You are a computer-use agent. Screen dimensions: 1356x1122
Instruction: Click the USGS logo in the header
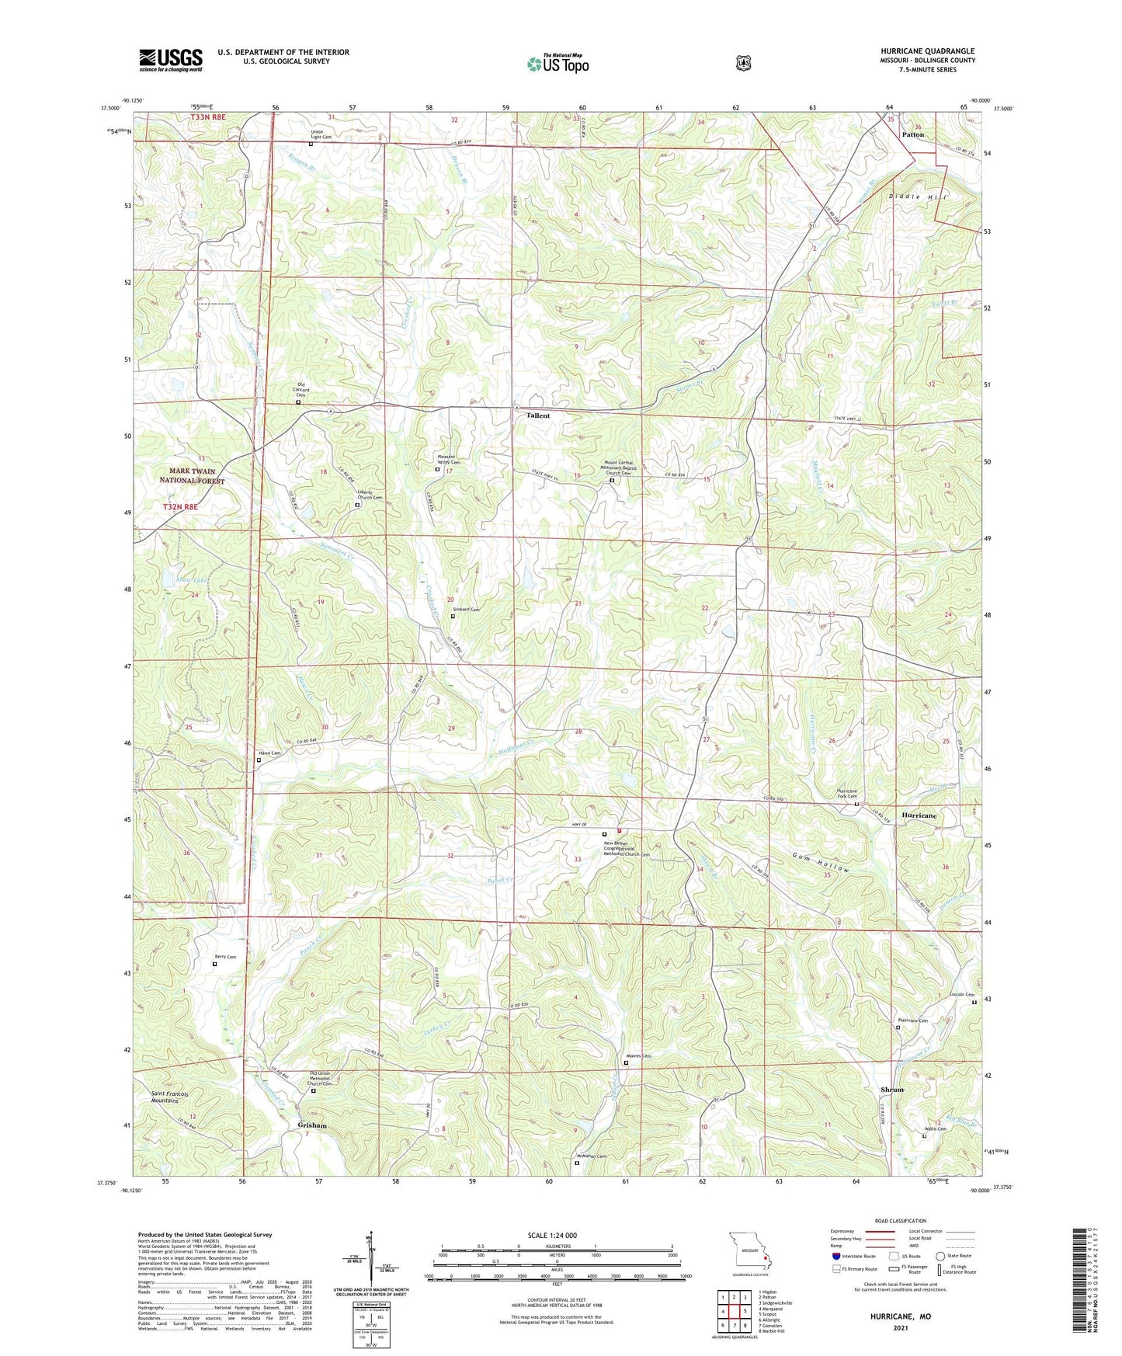click(x=170, y=60)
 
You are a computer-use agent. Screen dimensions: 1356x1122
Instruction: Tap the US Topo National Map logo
click(x=558, y=63)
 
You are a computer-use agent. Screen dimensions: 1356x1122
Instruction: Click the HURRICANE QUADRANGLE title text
click(x=927, y=50)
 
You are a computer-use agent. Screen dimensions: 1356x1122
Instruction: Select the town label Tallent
click(x=537, y=415)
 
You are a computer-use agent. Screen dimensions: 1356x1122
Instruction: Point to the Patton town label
click(x=912, y=134)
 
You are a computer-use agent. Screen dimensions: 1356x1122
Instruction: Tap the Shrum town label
click(x=892, y=1090)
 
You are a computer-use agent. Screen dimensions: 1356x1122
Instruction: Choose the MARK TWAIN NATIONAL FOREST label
click(x=192, y=476)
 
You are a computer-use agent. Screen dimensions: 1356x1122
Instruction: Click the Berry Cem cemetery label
click(x=225, y=957)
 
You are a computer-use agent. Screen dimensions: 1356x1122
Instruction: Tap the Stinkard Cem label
click(x=466, y=610)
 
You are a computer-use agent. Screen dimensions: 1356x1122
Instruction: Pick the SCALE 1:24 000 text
click(x=551, y=1235)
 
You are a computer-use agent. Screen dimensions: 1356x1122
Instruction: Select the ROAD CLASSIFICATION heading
click(x=900, y=1221)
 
